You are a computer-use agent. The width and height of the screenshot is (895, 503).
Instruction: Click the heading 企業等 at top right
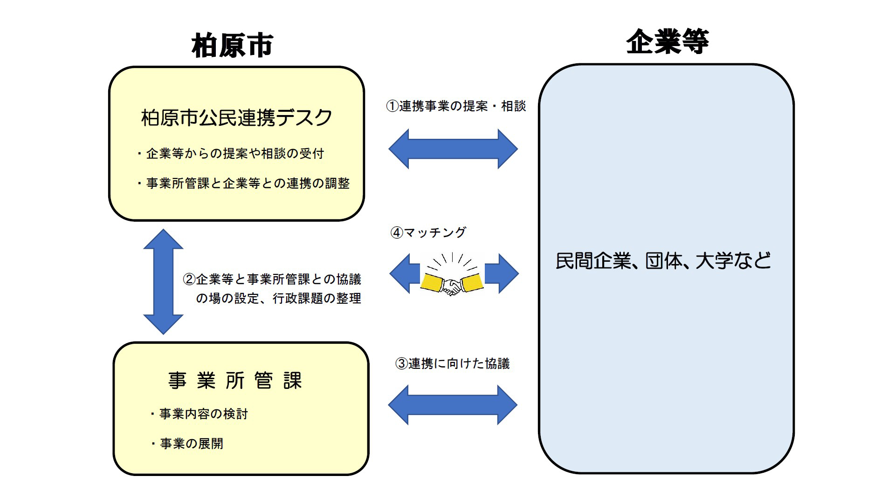pos(667,41)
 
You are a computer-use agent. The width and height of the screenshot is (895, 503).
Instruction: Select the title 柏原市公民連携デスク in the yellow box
pos(236,117)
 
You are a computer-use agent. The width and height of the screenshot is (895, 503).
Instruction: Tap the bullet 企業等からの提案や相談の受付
pos(234,154)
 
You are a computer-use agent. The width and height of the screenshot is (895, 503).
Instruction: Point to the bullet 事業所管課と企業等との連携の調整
pos(247,184)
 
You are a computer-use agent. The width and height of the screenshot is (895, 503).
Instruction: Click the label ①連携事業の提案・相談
pos(455,106)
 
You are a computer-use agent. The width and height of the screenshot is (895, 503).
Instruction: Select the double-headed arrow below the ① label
pos(453,149)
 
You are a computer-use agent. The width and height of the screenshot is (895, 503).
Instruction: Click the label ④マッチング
pos(428,232)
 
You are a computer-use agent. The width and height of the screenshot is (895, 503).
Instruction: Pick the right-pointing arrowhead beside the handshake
pos(503,274)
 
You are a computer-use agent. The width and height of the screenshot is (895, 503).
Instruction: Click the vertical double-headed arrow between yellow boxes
pos(163,282)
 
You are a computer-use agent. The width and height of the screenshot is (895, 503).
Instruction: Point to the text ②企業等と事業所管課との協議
pos(272,279)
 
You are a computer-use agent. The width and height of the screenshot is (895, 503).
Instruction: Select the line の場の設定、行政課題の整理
pos(278,299)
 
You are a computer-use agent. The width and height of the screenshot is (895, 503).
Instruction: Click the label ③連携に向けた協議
pos(452,364)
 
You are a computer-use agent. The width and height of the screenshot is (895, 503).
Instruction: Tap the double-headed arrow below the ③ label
pos(453,405)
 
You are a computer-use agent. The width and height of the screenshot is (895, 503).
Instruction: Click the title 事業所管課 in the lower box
pos(235,381)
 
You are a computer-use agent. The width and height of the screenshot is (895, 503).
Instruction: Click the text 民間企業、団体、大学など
pos(663,261)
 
